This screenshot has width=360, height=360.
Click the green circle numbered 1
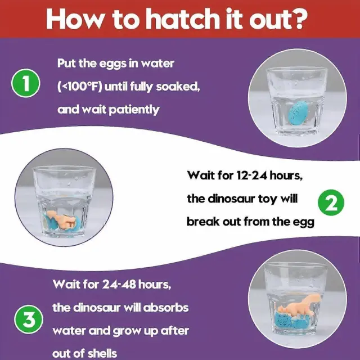click(26, 83)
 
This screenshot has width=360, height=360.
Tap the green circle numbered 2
click(331, 202)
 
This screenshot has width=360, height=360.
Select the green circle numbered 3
click(29, 319)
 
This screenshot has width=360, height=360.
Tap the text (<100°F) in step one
click(79, 87)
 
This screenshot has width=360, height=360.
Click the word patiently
click(134, 110)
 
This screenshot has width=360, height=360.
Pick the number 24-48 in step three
click(119, 284)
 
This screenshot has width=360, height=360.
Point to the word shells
click(102, 353)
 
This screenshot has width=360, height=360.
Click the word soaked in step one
click(178, 87)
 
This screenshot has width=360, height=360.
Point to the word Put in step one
click(66, 63)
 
